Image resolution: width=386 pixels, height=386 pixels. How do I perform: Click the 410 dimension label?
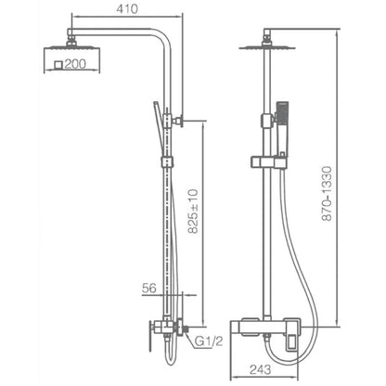[x=127, y=9]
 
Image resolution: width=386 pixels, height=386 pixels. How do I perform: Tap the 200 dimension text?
[x=75, y=64]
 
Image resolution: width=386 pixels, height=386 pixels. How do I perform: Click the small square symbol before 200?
[x=58, y=65]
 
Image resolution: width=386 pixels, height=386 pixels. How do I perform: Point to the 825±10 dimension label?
[x=193, y=211]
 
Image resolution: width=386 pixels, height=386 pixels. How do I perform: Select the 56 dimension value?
[x=149, y=289]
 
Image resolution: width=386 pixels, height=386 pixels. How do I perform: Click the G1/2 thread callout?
[x=209, y=341]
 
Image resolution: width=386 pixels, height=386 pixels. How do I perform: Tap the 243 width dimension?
[x=261, y=369]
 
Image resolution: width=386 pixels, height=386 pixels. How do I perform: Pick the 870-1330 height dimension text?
[x=327, y=194]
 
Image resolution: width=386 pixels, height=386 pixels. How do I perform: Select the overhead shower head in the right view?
[x=267, y=47]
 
